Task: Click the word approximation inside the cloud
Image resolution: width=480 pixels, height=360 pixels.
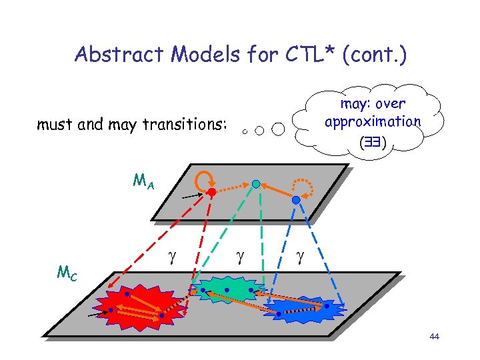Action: click(x=373, y=122)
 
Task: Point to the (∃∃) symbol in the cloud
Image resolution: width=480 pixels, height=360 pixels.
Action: click(x=373, y=141)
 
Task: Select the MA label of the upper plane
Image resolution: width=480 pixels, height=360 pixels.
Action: click(x=144, y=181)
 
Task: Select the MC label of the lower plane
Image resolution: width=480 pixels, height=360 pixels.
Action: click(x=66, y=272)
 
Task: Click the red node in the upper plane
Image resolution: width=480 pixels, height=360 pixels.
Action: click(x=211, y=192)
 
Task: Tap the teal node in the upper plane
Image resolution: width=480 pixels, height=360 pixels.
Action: click(x=256, y=183)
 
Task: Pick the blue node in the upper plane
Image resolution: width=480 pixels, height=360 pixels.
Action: click(x=296, y=199)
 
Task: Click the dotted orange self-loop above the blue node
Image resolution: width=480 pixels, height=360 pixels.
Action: click(x=306, y=185)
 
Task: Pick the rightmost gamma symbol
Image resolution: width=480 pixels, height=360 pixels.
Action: click(x=301, y=255)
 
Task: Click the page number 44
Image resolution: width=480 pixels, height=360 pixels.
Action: click(x=435, y=337)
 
